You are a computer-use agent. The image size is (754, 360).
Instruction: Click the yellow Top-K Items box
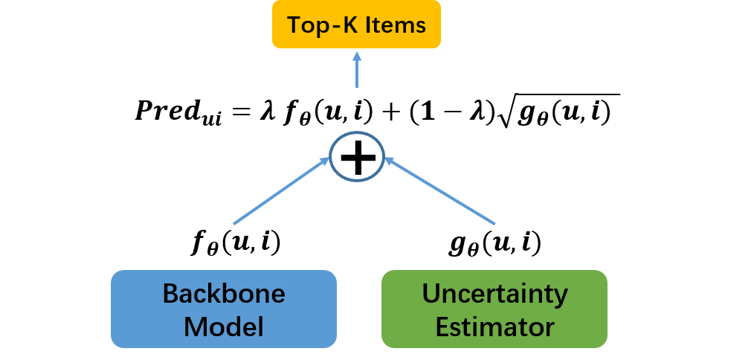(x=356, y=25)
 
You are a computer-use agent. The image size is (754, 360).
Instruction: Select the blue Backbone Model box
(x=224, y=309)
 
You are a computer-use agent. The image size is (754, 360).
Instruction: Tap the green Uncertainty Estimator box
(x=494, y=309)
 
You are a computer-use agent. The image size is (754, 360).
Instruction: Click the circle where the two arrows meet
(x=357, y=156)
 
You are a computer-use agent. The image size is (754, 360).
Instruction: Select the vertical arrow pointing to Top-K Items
(x=357, y=71)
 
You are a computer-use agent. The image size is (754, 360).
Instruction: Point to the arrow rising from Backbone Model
(x=281, y=190)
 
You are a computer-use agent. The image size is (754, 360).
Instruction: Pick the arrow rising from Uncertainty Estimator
(x=439, y=190)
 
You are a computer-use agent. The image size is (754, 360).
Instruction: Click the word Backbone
(x=224, y=294)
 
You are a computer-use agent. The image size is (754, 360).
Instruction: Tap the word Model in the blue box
(x=224, y=326)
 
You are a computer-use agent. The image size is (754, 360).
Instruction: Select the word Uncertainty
(x=494, y=294)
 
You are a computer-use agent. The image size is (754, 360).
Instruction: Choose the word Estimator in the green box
(x=494, y=326)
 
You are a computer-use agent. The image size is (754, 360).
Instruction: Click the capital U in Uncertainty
(x=431, y=294)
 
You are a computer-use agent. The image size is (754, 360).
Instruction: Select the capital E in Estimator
(x=443, y=326)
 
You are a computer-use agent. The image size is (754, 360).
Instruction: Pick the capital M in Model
(x=196, y=326)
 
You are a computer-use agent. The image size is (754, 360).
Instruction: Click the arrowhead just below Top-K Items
(x=357, y=56)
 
